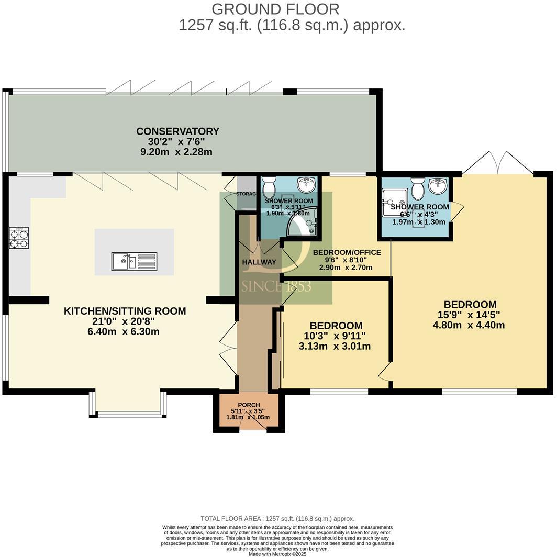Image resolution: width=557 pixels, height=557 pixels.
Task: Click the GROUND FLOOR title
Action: point(275,9)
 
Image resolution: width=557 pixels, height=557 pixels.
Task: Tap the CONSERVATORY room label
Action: point(177,131)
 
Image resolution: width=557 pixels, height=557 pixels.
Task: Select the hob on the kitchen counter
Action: point(19,238)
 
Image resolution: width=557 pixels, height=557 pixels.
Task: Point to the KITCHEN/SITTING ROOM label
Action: point(125,311)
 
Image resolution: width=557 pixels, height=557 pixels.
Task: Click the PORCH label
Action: point(249,405)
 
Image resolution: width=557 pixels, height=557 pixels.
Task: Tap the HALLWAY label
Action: point(259,262)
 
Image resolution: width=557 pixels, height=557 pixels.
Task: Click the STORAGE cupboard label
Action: point(247,194)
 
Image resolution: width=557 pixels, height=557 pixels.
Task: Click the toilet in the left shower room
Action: point(269,186)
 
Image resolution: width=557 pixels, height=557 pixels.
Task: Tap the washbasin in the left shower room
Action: point(305,184)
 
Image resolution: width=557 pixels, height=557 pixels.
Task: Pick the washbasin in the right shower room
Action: point(439,186)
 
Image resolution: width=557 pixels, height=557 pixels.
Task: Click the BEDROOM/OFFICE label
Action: point(347,253)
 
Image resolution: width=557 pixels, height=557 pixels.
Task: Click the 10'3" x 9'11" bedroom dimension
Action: point(336,336)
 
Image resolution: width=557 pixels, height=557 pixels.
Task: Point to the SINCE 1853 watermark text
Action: point(276,286)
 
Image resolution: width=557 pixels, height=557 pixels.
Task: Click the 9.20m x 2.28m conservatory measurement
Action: point(177,152)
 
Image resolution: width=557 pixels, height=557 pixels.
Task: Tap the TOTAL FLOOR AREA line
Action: point(277,518)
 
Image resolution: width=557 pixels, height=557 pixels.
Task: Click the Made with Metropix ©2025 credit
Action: point(277,554)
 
